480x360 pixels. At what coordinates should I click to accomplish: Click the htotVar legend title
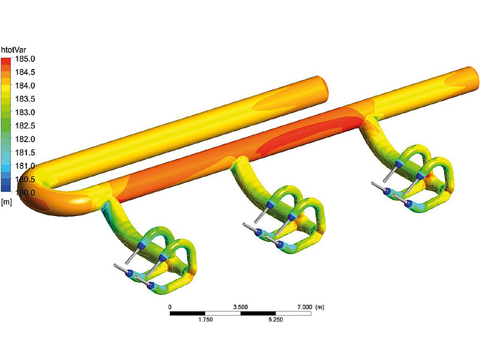pos(14,50)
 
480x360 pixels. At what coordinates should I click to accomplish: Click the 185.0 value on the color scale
pos(25,59)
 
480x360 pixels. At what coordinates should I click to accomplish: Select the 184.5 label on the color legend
pos(25,72)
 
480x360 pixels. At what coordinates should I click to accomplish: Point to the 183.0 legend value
pos(25,112)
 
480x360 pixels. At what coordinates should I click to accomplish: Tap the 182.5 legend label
pos(25,126)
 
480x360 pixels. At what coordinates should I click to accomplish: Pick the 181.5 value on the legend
pos(25,152)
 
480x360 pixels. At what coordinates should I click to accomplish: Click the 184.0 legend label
pos(25,86)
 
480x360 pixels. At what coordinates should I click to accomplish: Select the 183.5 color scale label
pos(25,99)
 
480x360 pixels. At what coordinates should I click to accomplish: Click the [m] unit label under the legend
pos(7,202)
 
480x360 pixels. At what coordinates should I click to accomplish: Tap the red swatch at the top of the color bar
pos(6,61)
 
